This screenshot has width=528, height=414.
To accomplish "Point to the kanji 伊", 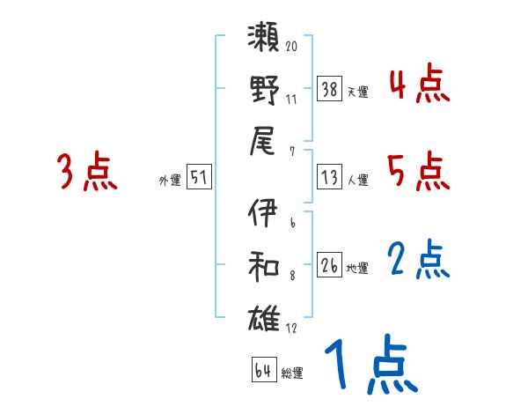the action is [x=264, y=214].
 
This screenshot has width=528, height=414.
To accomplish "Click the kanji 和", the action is [x=264, y=264].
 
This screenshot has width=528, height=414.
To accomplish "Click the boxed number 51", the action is [x=199, y=178].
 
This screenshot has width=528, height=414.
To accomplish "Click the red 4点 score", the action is [x=419, y=85].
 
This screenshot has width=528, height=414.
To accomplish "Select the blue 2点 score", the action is [x=419, y=261].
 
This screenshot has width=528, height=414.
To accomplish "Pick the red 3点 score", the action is [x=87, y=172].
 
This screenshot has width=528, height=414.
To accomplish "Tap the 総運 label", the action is [x=292, y=373].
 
